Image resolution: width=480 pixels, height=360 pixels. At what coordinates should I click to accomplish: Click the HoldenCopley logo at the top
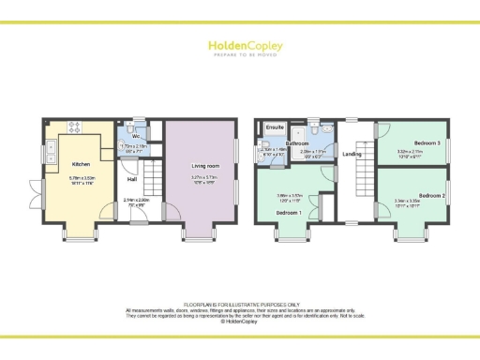click(x=239, y=46)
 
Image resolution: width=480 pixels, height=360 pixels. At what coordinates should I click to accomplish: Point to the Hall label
click(x=132, y=178)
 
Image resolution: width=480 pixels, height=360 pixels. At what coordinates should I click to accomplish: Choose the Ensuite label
click(x=276, y=126)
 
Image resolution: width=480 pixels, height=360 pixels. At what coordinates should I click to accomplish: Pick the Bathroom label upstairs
click(x=311, y=142)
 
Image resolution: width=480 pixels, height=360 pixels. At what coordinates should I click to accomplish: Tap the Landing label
click(x=352, y=154)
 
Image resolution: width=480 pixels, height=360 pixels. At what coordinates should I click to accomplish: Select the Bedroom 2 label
click(x=431, y=195)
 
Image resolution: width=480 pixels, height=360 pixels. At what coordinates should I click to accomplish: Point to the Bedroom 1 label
click(x=287, y=213)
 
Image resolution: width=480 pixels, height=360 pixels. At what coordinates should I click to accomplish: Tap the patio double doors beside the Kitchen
click(x=38, y=196)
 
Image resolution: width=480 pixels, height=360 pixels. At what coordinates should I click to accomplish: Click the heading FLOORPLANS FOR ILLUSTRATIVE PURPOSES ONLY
click(x=240, y=305)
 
